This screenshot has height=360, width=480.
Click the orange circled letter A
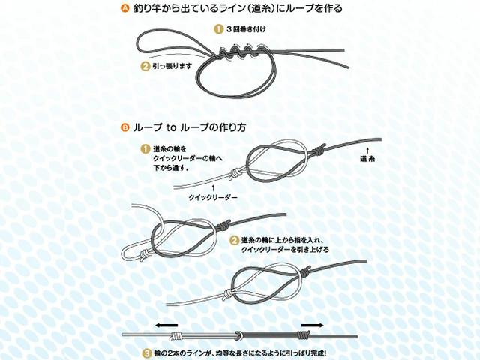pyautogui.click(x=125, y=9)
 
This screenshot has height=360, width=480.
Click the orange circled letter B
pyautogui.click(x=125, y=127)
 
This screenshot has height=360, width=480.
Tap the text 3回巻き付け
pyautogui.click(x=246, y=29)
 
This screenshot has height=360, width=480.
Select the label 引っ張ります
pyautogui.click(x=172, y=66)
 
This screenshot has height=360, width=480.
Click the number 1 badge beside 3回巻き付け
pyautogui.click(x=218, y=29)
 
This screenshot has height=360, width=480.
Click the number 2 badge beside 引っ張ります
pyautogui.click(x=145, y=66)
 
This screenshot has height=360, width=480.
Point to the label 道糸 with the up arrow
pyautogui.click(x=367, y=159)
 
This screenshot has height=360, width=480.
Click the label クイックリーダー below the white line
pyautogui.click(x=213, y=197)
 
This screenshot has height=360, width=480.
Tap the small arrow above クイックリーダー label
pyautogui.click(x=213, y=188)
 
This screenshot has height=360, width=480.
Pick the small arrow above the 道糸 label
pyautogui.click(x=367, y=150)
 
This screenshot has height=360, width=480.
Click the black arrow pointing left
pyautogui.click(x=166, y=325)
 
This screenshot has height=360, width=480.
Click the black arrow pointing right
pyautogui.click(x=313, y=325)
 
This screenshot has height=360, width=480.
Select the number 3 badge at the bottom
pyautogui.click(x=148, y=353)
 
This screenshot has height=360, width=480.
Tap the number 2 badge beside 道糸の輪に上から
pyautogui.click(x=234, y=240)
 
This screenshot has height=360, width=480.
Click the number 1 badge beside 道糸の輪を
pyautogui.click(x=145, y=149)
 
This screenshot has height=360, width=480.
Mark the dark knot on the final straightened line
pyautogui.click(x=304, y=334)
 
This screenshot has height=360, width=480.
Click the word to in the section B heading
pyautogui.click(x=172, y=127)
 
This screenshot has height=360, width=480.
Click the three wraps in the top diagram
pyautogui.click(x=240, y=52)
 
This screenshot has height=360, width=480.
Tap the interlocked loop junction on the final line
pyautogui.click(x=238, y=335)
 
